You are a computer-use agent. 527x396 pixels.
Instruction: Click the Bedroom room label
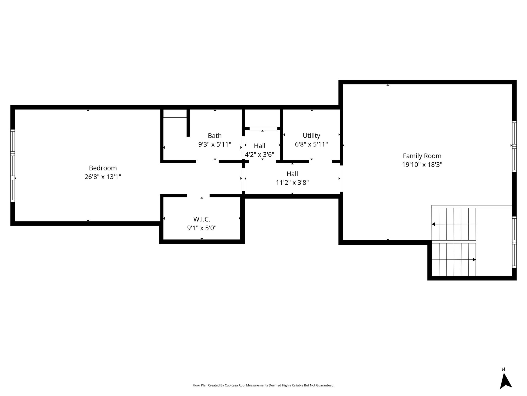coord(103,168)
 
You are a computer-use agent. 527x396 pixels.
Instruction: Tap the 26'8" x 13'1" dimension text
coord(103,177)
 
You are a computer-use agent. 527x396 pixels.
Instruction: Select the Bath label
coord(215,136)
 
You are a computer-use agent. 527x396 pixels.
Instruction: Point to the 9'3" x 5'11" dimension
coord(215,144)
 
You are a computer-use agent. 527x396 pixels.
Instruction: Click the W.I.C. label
coord(202,219)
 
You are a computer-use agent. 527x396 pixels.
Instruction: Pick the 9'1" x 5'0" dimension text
coord(202,228)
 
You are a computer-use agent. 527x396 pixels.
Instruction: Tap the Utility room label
coord(311,136)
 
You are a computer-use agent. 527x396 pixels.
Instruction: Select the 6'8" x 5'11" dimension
coord(311,144)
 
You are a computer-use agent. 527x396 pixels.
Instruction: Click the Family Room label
coord(422,156)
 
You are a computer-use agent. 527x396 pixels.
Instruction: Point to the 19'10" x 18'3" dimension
coord(422,165)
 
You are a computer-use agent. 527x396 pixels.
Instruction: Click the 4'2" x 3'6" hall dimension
coord(259,155)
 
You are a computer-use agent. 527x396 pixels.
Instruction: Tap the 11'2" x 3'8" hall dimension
coord(292,183)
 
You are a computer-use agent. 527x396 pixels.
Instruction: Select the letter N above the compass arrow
coord(503,369)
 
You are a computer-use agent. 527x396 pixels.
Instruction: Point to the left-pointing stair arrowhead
coord(433,224)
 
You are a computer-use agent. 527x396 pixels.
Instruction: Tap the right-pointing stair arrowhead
coord(474,260)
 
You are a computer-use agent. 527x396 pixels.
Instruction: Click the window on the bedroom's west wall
coord(12,166)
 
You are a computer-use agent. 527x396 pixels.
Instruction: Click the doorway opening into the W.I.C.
coord(198,196)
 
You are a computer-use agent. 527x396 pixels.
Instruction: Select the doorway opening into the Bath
coord(207,161)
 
